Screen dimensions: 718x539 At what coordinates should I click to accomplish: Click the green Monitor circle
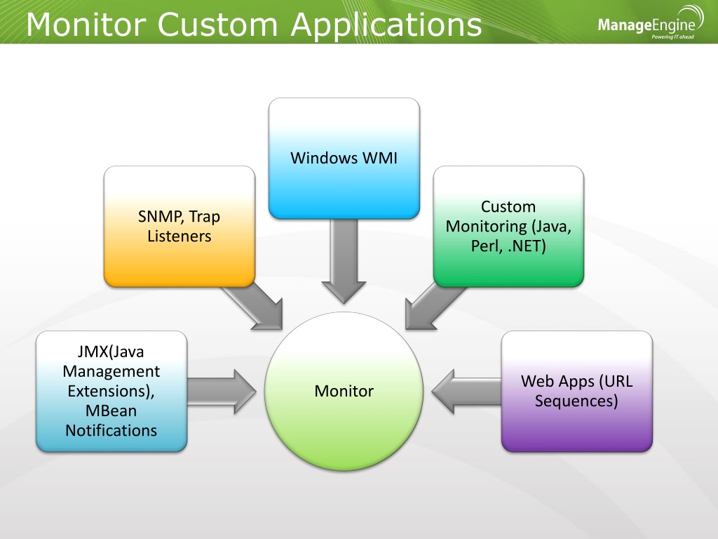pos(344,391)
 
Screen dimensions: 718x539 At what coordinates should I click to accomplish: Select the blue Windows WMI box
pos(344,158)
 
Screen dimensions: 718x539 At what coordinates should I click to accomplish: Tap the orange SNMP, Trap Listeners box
pos(179,227)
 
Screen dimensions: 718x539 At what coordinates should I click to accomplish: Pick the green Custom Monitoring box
pos(508,227)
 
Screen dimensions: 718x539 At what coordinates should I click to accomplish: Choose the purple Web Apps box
pos(577,392)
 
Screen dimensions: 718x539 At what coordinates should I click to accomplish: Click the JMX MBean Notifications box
pos(111,392)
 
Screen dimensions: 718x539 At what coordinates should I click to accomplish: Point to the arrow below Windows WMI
pos(344,261)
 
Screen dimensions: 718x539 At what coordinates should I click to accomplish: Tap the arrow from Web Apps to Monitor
pos(466,392)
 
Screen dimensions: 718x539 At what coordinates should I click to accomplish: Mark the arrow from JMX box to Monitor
pos(222,392)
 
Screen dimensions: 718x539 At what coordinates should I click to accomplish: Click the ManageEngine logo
pos(651,23)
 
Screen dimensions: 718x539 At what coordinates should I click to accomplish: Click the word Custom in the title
pos(218,25)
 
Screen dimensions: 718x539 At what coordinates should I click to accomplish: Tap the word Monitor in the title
pos(86,25)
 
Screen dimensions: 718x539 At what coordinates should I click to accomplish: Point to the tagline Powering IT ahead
pos(672,36)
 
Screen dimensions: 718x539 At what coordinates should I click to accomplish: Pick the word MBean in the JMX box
pos(111,411)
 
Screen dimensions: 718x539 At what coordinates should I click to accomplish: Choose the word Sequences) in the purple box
pos(576,401)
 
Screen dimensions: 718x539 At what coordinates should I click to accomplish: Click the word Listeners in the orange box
pos(179,236)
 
